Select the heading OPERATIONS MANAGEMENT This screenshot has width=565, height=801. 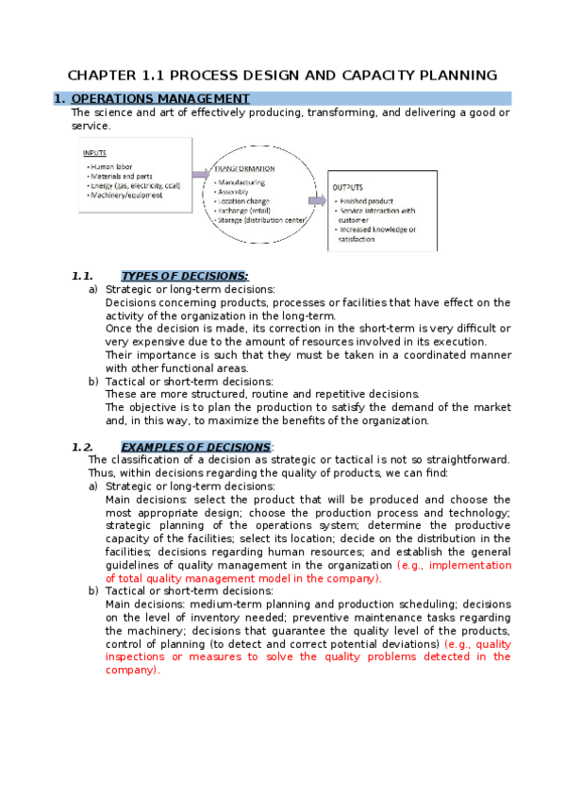click(160, 98)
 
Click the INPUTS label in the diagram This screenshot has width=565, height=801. click(94, 152)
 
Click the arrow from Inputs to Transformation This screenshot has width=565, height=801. click(201, 174)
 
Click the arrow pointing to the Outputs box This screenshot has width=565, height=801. click(315, 200)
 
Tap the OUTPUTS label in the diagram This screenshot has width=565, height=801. click(347, 187)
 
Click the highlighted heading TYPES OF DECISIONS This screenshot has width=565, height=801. click(185, 276)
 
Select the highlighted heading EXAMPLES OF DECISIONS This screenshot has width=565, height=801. click(195, 446)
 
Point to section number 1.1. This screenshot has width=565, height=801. click(82, 276)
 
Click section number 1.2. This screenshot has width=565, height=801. click(82, 446)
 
